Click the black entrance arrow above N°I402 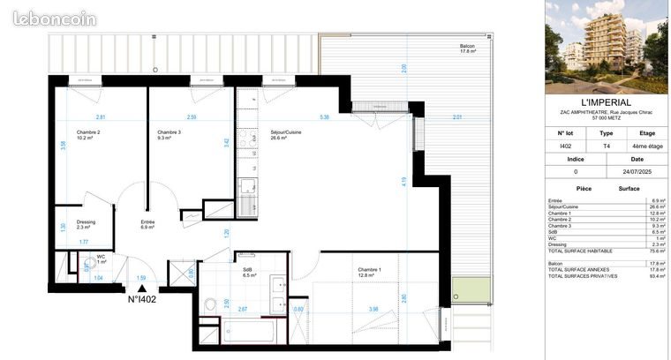(142, 288)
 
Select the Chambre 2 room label (64, 133)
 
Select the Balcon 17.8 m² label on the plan (467, 49)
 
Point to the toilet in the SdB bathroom (210, 304)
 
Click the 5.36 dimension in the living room (324, 117)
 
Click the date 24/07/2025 (637, 172)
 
